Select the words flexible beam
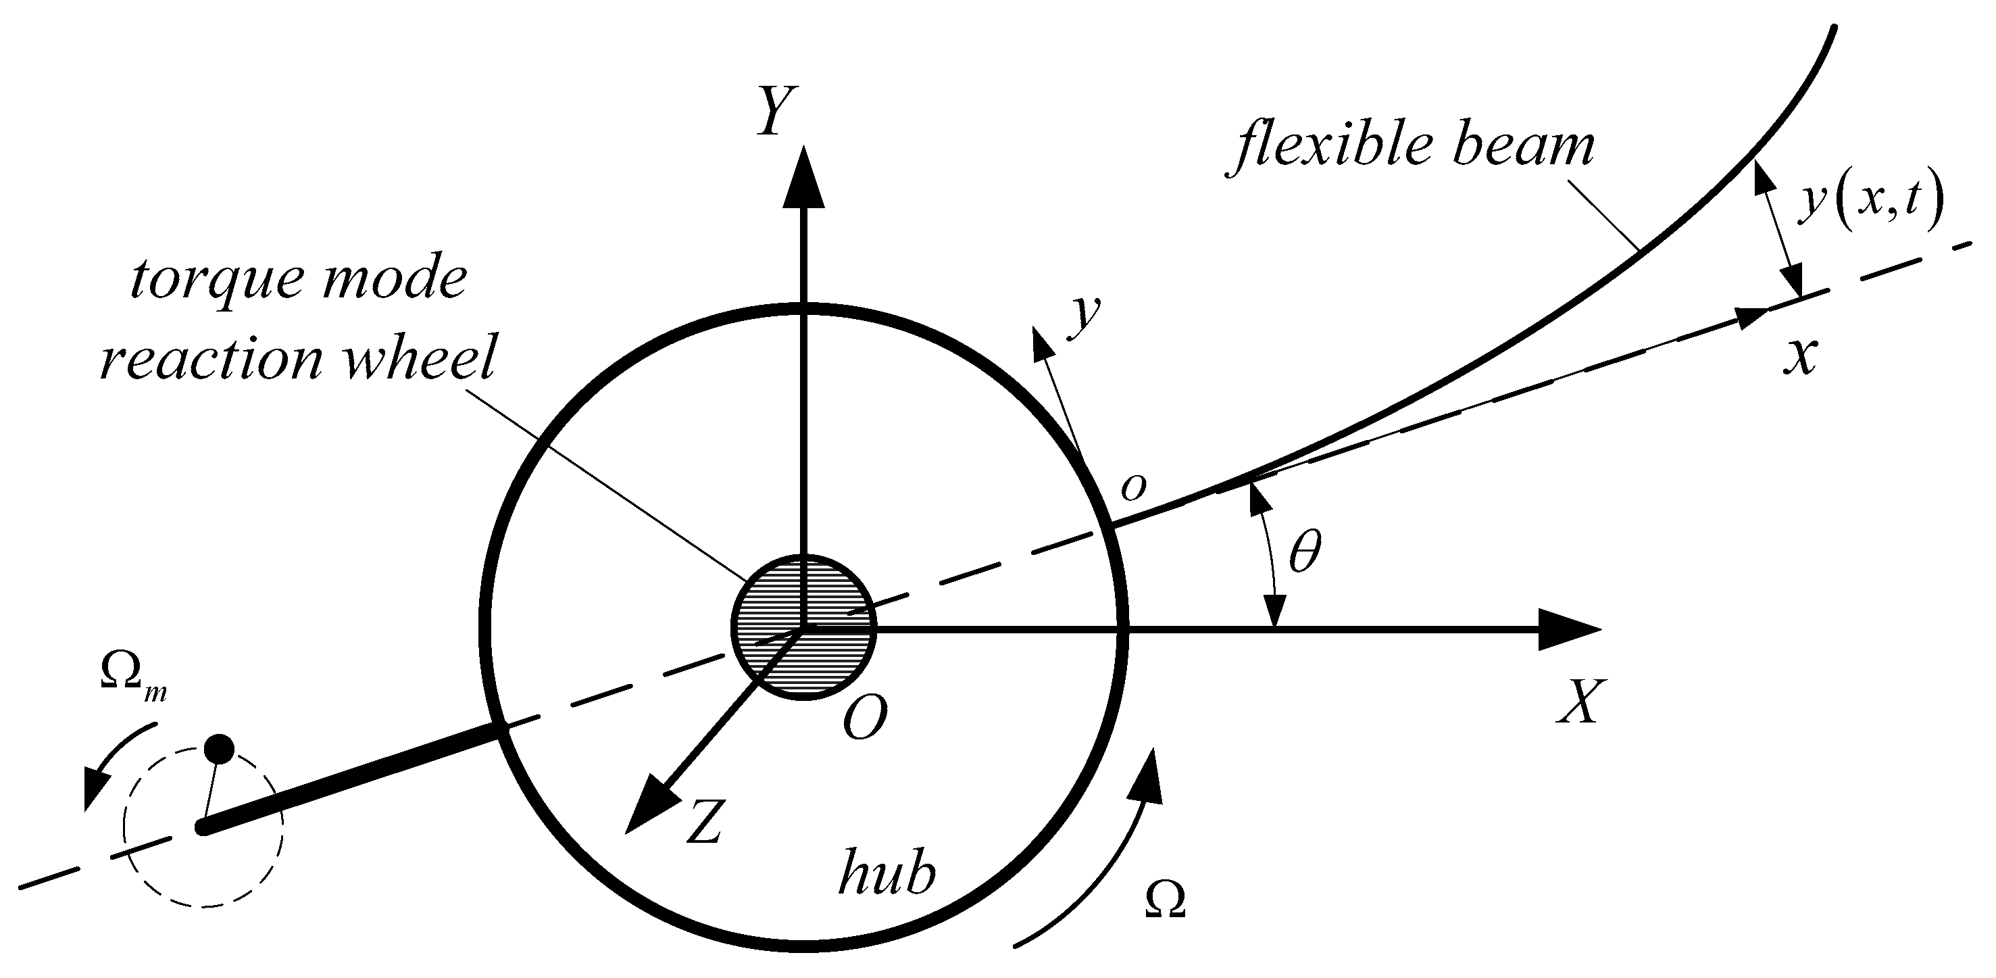point(1414,147)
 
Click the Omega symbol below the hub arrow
point(1165,900)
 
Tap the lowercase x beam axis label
point(1801,358)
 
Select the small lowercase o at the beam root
point(1133,487)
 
